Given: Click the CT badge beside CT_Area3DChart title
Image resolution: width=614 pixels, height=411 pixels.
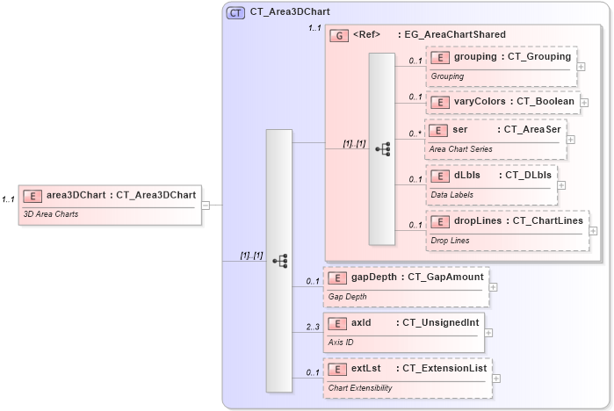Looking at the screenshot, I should (x=235, y=13).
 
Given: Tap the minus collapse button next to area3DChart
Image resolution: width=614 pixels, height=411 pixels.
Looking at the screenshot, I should (x=206, y=205).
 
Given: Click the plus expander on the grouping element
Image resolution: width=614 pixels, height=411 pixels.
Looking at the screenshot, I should (x=581, y=66).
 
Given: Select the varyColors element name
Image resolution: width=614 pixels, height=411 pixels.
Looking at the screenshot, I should (x=478, y=101).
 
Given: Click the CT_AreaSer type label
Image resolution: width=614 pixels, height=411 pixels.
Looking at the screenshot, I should (x=531, y=130).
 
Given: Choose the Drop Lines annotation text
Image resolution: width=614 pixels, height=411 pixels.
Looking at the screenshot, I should (x=450, y=240).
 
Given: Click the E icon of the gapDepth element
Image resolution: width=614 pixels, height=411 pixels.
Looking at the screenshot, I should (x=335, y=278).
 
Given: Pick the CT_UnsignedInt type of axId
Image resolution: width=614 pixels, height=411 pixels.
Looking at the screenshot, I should (x=440, y=322).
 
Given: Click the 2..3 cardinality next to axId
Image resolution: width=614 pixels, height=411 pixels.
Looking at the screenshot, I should (x=313, y=327).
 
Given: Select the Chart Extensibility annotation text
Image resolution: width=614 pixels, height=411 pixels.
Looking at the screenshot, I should (x=360, y=387).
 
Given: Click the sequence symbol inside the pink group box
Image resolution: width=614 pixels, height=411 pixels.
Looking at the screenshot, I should (x=382, y=148).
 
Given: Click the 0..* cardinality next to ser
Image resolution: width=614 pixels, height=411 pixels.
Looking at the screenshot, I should (x=415, y=133).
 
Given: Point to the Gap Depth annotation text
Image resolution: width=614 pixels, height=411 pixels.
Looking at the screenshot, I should (x=348, y=296).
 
